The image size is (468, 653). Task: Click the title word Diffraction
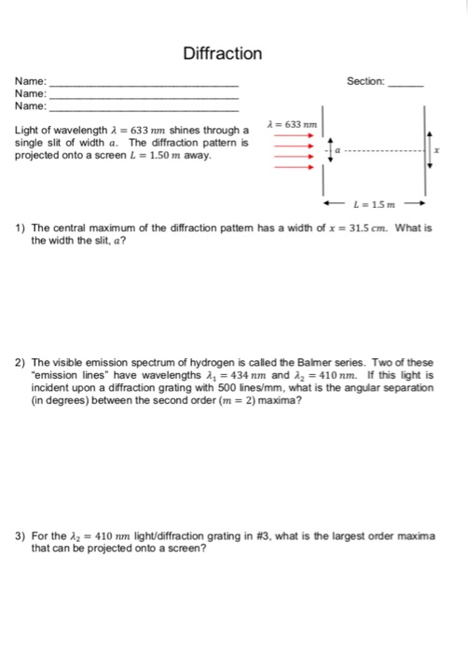point(222,53)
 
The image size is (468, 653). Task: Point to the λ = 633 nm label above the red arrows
point(292,123)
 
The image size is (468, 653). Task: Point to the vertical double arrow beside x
point(429,149)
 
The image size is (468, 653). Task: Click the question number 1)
point(20,228)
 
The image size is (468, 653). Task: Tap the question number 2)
point(20,360)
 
